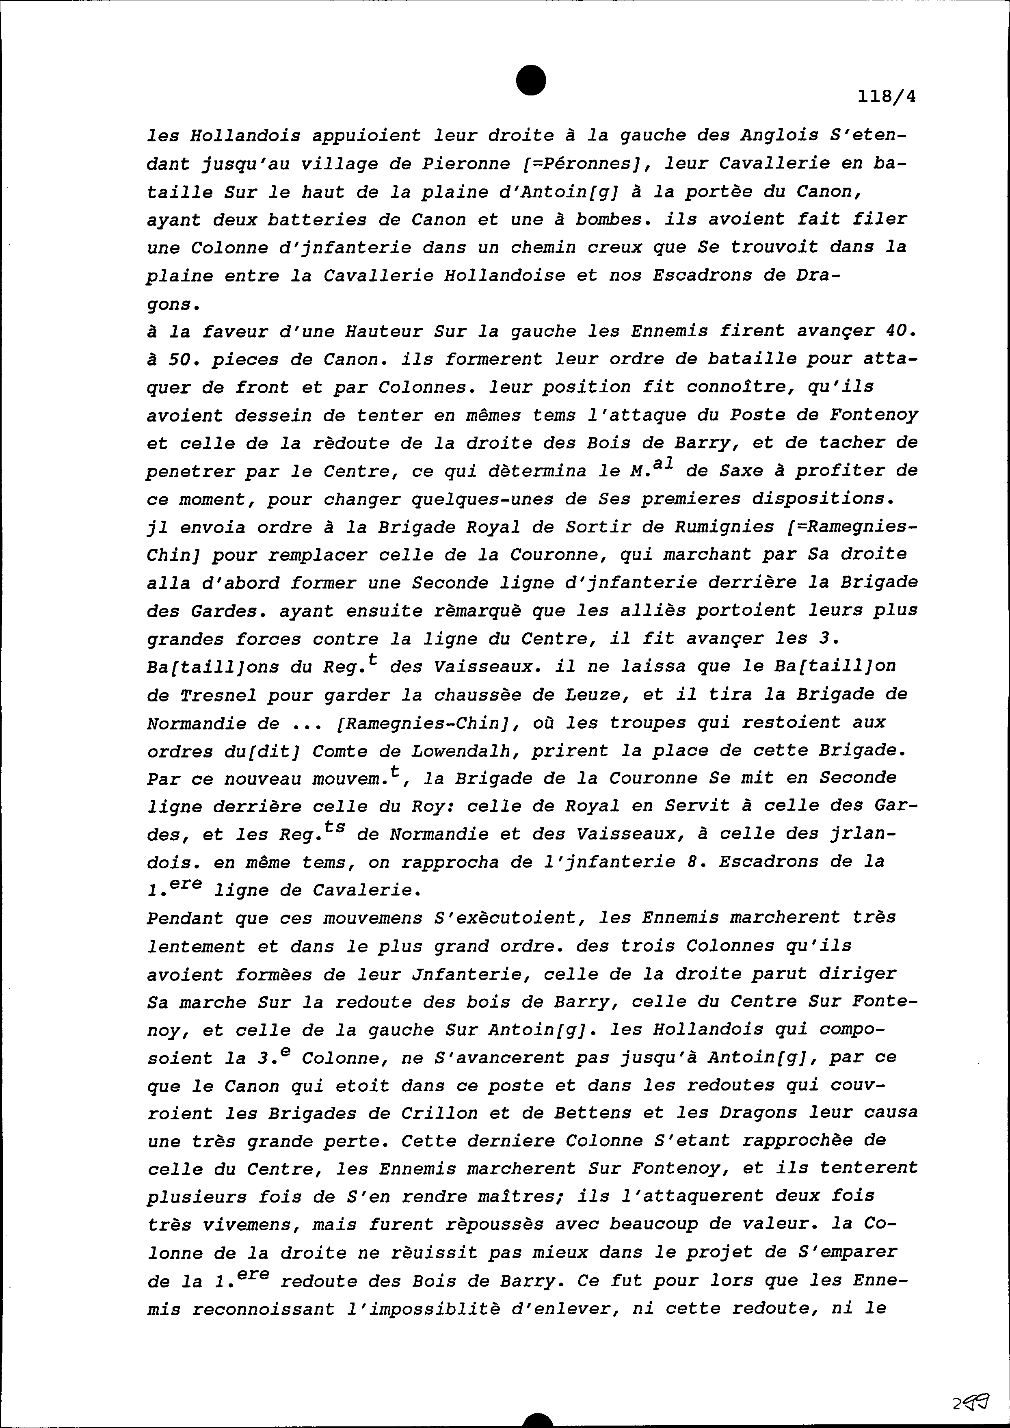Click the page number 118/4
click(x=887, y=97)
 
